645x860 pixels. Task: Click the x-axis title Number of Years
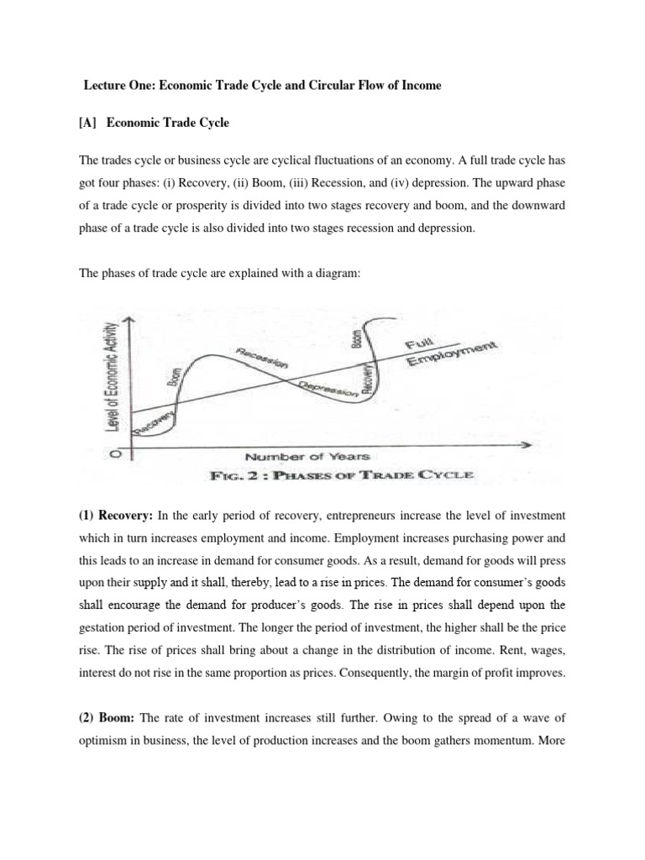307,456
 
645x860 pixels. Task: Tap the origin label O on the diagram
117,454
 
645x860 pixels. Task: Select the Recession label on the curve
262,356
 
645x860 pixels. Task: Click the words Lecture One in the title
115,86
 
